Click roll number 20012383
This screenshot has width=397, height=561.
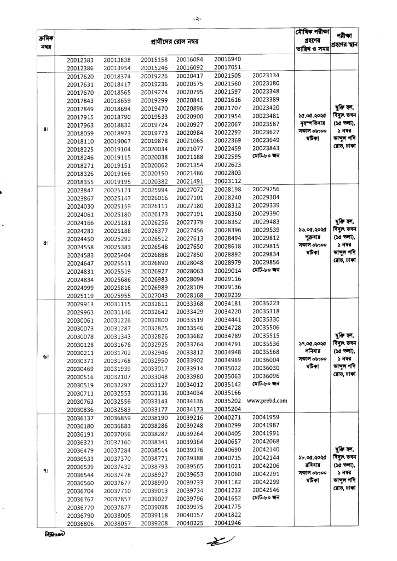[80, 60]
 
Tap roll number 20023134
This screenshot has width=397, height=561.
[266, 76]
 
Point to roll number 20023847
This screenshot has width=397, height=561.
[80, 190]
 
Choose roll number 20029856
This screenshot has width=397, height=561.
[266, 262]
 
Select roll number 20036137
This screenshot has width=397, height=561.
[80, 418]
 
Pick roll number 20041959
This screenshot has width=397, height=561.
[266, 417]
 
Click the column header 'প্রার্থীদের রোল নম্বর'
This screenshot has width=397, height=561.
[175, 42]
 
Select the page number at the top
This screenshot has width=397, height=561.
[198, 19]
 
